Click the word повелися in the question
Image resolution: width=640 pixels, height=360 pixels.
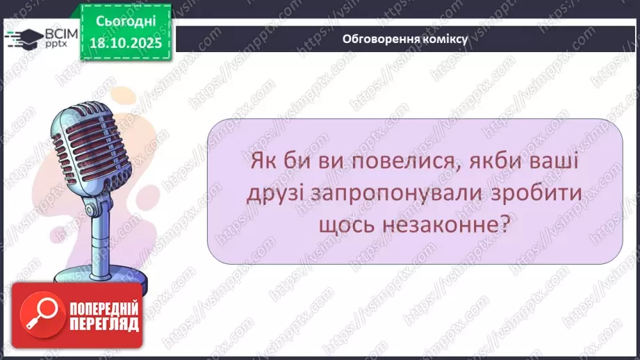pyautogui.click(x=384, y=165)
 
